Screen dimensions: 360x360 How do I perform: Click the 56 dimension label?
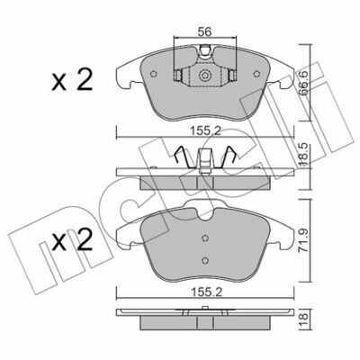[x=205, y=31]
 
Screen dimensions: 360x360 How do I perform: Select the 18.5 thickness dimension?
[x=305, y=155]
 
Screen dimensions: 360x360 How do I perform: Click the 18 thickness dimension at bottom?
[x=305, y=317]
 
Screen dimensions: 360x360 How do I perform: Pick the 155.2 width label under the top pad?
[x=205, y=131]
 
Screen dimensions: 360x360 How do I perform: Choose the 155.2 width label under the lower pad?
[x=205, y=292]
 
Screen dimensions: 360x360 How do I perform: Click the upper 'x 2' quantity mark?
[x=72, y=80]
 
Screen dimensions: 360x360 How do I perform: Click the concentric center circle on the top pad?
[x=205, y=75]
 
